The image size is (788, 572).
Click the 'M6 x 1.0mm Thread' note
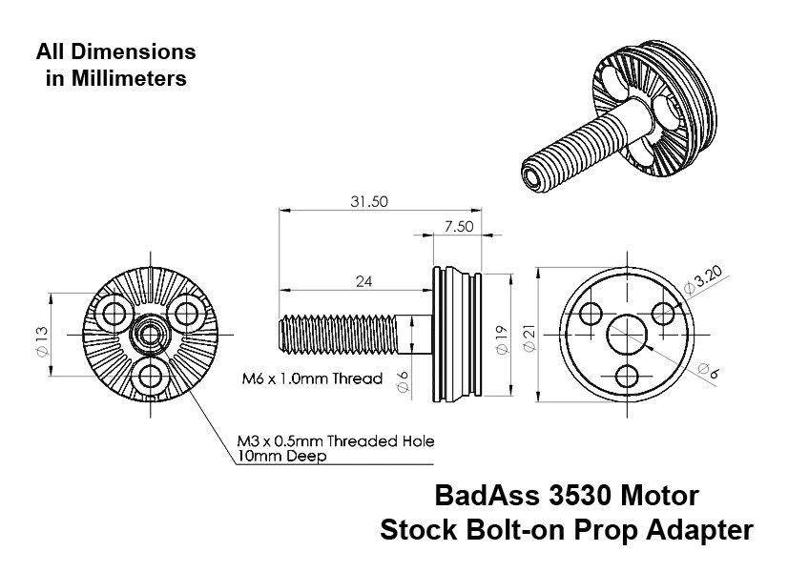(x=312, y=378)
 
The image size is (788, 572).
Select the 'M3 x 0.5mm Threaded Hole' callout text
(x=336, y=441)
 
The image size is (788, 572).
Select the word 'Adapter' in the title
(x=697, y=529)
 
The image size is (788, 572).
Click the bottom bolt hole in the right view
(x=626, y=374)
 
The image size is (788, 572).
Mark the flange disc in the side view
(x=454, y=333)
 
